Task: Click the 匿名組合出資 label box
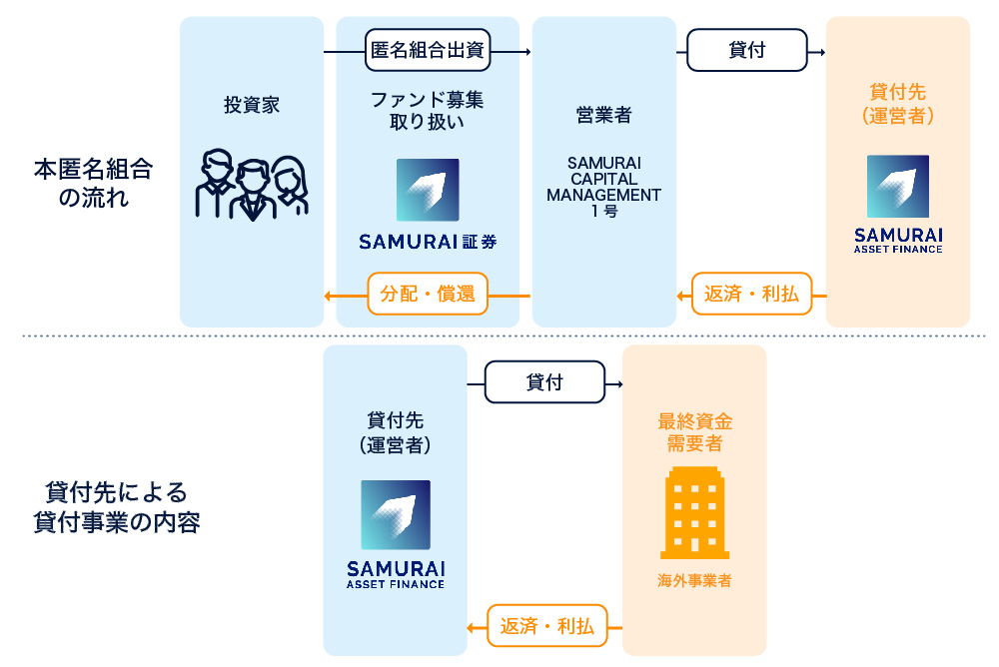428,51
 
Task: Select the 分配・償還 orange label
428,295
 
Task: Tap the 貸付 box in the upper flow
747,51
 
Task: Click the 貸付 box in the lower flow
544,382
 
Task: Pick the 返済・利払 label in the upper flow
751,295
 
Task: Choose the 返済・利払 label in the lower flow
546,626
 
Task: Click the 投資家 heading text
252,104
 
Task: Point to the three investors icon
252,186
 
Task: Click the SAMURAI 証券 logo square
428,190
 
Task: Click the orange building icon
694,511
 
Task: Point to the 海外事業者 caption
694,580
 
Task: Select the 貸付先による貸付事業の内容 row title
116,507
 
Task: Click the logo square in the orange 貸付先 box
897,187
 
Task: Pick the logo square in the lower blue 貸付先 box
396,514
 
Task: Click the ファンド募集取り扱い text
428,111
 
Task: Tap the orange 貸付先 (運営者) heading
897,104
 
